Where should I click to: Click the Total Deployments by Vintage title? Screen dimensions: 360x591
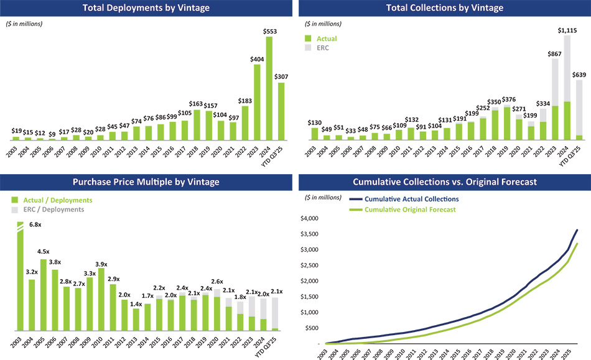pos(147,8)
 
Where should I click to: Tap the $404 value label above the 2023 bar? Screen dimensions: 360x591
pos(256,59)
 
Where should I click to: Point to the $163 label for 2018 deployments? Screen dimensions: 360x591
pos(196,104)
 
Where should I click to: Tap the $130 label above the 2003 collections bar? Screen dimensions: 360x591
pos(315,122)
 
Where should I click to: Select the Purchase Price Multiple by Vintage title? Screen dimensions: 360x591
pos(147,182)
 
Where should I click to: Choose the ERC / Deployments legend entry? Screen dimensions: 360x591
pos(53,210)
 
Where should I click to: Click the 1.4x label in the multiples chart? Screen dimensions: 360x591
pos(136,303)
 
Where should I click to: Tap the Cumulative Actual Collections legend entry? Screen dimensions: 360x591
pos(411,200)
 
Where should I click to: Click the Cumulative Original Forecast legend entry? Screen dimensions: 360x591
pos(410,210)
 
